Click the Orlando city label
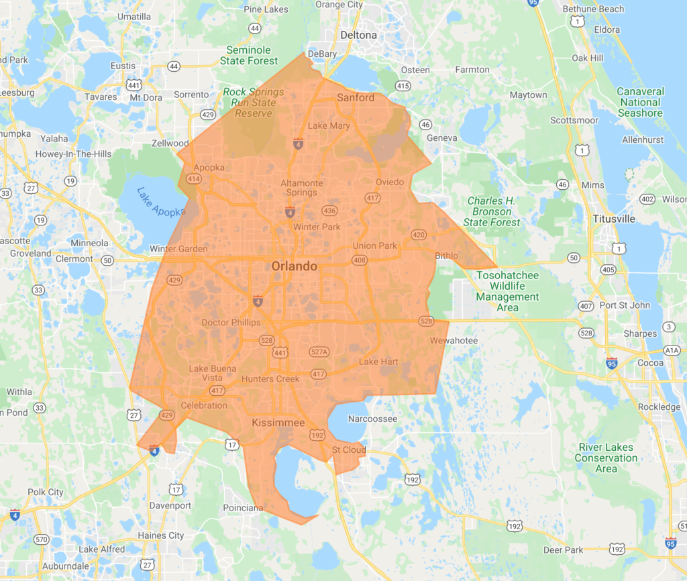[294, 266]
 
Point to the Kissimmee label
[278, 423]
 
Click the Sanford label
[356, 97]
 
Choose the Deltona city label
[358, 35]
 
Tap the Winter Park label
[317, 227]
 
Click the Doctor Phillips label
[231, 323]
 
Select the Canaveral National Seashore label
[640, 102]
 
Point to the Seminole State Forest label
[248, 55]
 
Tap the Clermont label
[74, 258]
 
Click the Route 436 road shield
[329, 211]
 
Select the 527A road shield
[319, 352]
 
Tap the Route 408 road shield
[360, 260]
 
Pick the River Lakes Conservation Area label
[606, 458]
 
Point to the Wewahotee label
[454, 341]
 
